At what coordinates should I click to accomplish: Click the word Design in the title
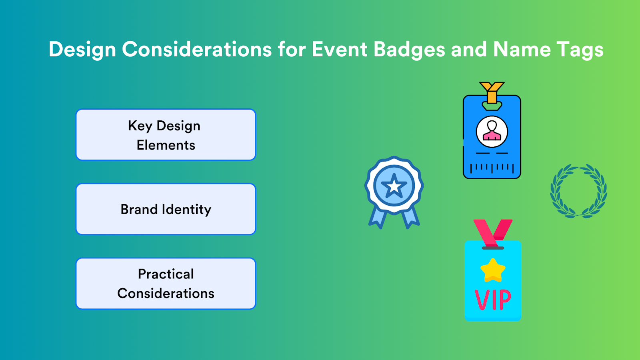(82, 50)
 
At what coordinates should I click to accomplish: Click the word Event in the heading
(339, 50)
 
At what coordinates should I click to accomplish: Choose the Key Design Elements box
(166, 135)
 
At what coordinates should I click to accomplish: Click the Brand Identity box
(166, 209)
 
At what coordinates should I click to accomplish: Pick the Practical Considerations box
(166, 284)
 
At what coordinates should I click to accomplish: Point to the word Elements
(166, 145)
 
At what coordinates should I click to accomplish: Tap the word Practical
(166, 274)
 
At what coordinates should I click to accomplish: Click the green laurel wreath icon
(578, 191)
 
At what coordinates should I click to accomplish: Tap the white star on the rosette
(394, 186)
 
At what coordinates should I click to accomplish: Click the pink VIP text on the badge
(493, 300)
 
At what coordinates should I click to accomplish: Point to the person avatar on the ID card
(492, 131)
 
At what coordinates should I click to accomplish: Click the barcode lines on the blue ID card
(492, 168)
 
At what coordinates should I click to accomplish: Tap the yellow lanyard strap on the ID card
(492, 92)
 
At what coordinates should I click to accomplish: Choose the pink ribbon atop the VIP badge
(492, 232)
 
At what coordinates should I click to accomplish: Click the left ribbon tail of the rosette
(377, 218)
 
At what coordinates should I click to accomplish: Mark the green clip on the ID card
(492, 106)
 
